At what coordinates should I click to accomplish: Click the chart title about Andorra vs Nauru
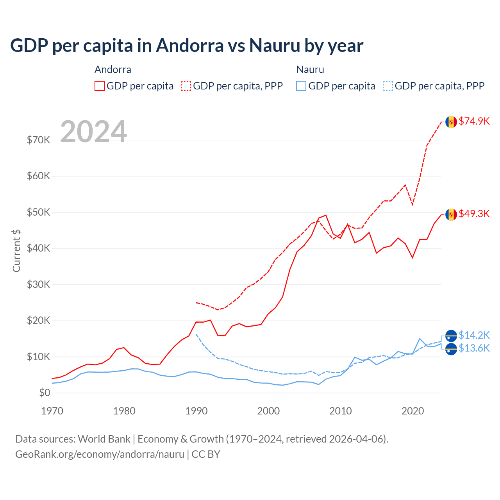tap(187, 46)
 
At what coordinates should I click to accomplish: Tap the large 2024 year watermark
tap(94, 132)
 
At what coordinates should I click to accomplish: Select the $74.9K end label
tap(474, 121)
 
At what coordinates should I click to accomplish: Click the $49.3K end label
tap(474, 214)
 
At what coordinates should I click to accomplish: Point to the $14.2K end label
tap(474, 335)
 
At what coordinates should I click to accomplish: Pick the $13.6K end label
tap(474, 348)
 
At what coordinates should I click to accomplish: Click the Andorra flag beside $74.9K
tap(451, 122)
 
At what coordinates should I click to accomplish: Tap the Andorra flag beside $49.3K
tap(451, 214)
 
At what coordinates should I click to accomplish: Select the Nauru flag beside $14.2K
tap(451, 336)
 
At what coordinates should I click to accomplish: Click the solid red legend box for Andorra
tap(100, 86)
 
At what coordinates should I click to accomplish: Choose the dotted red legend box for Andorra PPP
tap(186, 86)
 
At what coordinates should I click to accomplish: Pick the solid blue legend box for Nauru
tap(301, 86)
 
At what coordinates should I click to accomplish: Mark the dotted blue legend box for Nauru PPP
tap(388, 86)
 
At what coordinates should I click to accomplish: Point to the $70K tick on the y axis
tap(38, 140)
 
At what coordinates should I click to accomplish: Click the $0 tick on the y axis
tap(45, 393)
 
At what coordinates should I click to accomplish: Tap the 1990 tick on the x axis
tap(196, 411)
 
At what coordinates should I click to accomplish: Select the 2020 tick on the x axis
tap(413, 411)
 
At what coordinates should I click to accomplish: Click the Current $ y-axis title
tap(16, 251)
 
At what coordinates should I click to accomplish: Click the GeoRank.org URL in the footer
tap(100, 454)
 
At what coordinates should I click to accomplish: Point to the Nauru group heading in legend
tap(310, 70)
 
